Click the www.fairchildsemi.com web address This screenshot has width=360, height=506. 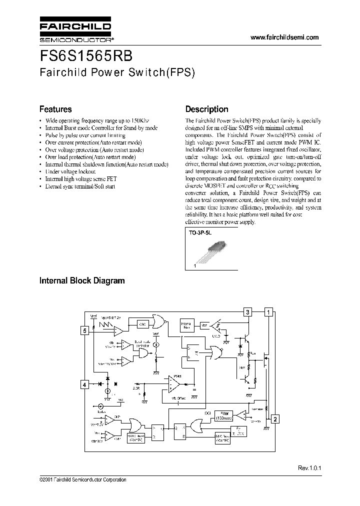[x=283, y=37]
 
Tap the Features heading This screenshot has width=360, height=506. [x=55, y=109]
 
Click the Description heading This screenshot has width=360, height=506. [x=206, y=109]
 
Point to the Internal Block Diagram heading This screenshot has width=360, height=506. [x=82, y=281]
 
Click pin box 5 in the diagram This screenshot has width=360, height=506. [x=85, y=330]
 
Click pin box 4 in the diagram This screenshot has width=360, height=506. [x=85, y=384]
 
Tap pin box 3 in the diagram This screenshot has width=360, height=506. [x=247, y=312]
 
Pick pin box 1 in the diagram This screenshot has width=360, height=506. [x=268, y=312]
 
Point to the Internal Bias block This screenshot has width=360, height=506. [x=186, y=326]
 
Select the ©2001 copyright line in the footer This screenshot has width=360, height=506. [x=82, y=479]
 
